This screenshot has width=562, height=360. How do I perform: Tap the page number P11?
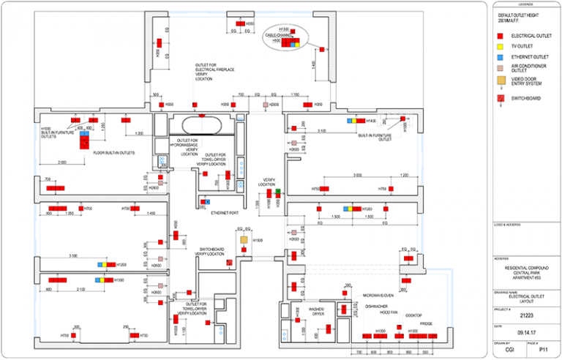coord(542,350)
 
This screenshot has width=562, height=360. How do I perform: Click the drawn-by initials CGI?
coord(508,350)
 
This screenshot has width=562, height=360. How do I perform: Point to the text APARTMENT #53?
coord(525,279)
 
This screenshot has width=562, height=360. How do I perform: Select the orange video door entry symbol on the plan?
coord(244,239)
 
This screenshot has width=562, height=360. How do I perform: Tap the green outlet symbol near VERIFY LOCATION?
coord(277,191)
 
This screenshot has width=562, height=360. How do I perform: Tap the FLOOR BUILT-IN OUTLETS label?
coord(115,153)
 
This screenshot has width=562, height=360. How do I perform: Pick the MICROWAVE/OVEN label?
coord(379,295)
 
